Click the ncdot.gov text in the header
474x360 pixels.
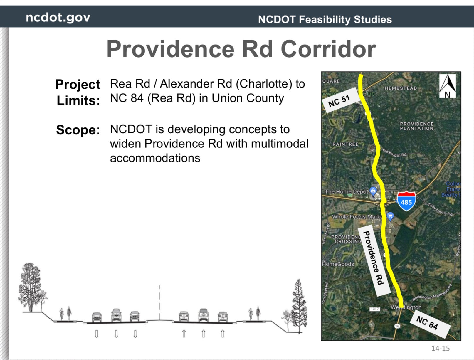pyautogui.click(x=58, y=18)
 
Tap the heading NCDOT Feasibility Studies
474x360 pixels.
pyautogui.click(x=325, y=20)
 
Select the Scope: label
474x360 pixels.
pyautogui.click(x=78, y=130)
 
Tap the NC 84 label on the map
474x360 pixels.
pyautogui.click(x=427, y=323)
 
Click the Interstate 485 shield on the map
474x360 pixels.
pyautogui.click(x=406, y=201)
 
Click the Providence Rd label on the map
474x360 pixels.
pyautogui.click(x=373, y=258)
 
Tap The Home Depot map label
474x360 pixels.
pyautogui.click(x=346, y=191)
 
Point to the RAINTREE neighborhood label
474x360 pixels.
pyautogui.click(x=345, y=144)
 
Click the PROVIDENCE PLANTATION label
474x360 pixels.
pyautogui.click(x=416, y=126)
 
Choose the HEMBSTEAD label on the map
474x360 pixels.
pyautogui.click(x=401, y=88)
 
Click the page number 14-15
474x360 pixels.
pyautogui.click(x=440, y=348)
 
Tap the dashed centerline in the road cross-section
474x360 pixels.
pyautogui.click(x=160, y=302)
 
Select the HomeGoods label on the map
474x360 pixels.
pyautogui.click(x=338, y=264)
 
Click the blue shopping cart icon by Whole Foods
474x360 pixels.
pyautogui.click(x=390, y=216)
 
